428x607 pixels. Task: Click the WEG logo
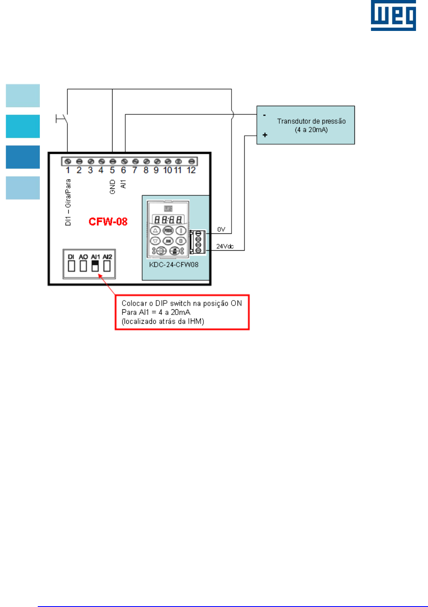(393, 16)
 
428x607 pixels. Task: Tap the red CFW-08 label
(108, 222)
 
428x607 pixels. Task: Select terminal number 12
(191, 170)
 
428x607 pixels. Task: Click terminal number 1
(68, 170)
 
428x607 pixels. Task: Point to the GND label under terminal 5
(113, 187)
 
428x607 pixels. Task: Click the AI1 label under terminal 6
(123, 184)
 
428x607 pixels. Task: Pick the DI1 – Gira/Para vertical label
(68, 202)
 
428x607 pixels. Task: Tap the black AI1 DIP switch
(95, 266)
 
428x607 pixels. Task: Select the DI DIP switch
(72, 266)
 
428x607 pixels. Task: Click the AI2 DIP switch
(107, 266)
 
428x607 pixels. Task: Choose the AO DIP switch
(83, 266)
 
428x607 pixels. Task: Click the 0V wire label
(221, 229)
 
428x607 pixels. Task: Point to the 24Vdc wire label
(225, 246)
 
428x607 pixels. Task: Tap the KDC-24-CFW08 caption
(174, 265)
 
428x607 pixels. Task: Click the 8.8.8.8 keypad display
(168, 220)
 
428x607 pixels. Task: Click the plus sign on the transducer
(265, 135)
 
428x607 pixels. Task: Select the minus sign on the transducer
(264, 115)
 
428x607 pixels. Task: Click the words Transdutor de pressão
(311, 121)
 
